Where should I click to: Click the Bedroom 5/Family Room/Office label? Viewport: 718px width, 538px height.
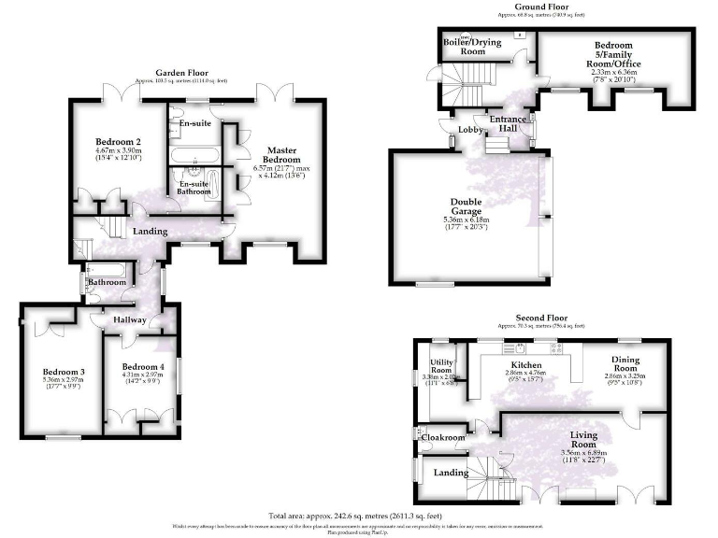click(x=613, y=57)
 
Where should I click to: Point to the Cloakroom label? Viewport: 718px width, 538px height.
click(x=443, y=437)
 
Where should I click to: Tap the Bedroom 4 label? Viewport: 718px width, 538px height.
click(x=143, y=367)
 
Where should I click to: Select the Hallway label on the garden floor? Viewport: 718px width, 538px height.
click(x=129, y=320)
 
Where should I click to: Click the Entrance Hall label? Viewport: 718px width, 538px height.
click(x=509, y=123)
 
